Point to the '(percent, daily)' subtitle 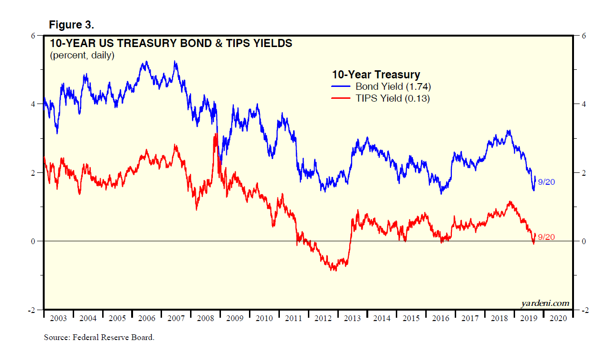pos(82,56)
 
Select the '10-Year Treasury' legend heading pos(375,75)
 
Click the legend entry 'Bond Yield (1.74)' pos(393,86)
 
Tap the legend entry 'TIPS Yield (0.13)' pos(392,98)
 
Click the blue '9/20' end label pos(546,182)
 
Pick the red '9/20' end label pos(546,237)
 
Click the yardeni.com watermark pos(545,303)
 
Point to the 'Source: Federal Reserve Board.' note pos(99,338)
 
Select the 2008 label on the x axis pos(205,318)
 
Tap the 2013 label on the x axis pos(352,318)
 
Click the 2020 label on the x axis pos(558,318)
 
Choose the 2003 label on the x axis pos(58,318)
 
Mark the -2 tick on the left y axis pos(32,310)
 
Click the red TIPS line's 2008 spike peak pos(216,134)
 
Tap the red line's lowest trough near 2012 pos(335,270)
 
